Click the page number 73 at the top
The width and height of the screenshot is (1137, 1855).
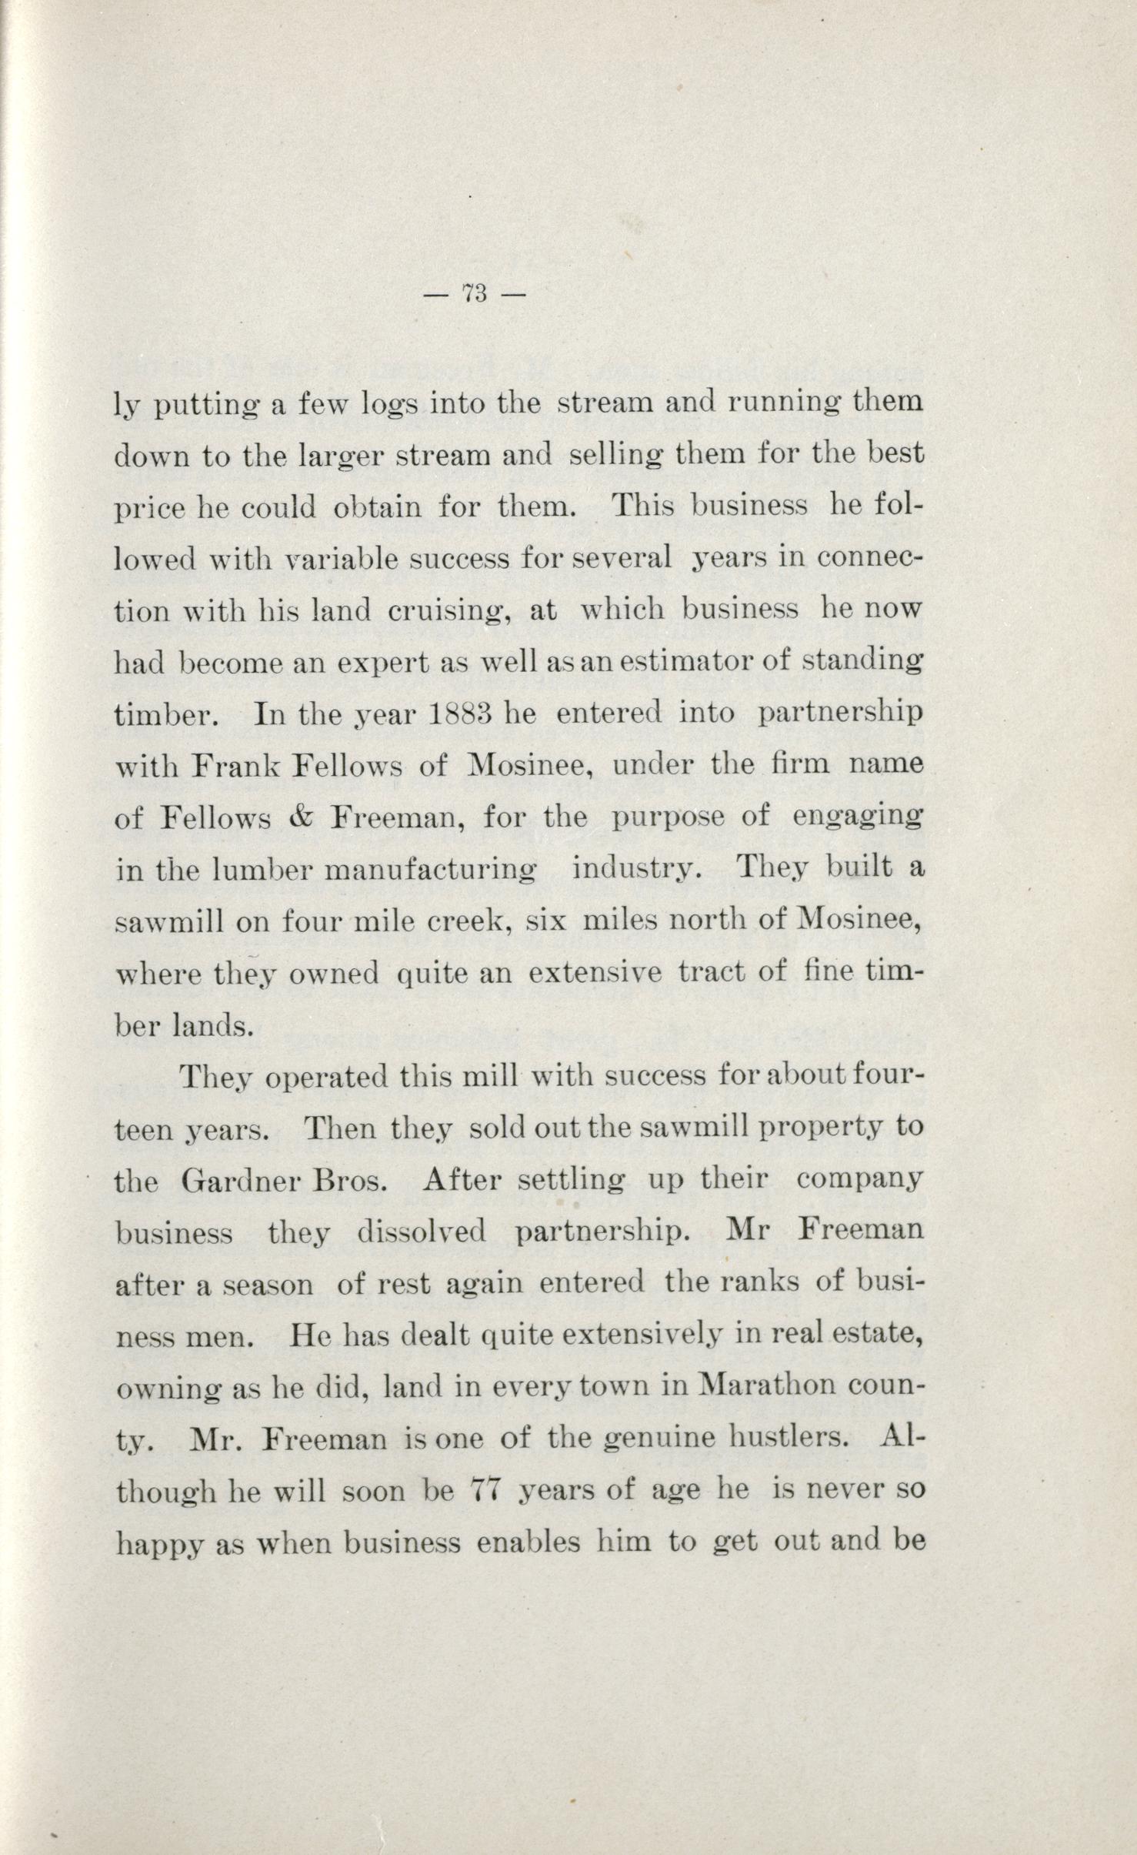(x=475, y=293)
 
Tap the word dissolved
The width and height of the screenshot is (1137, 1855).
(x=421, y=1232)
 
